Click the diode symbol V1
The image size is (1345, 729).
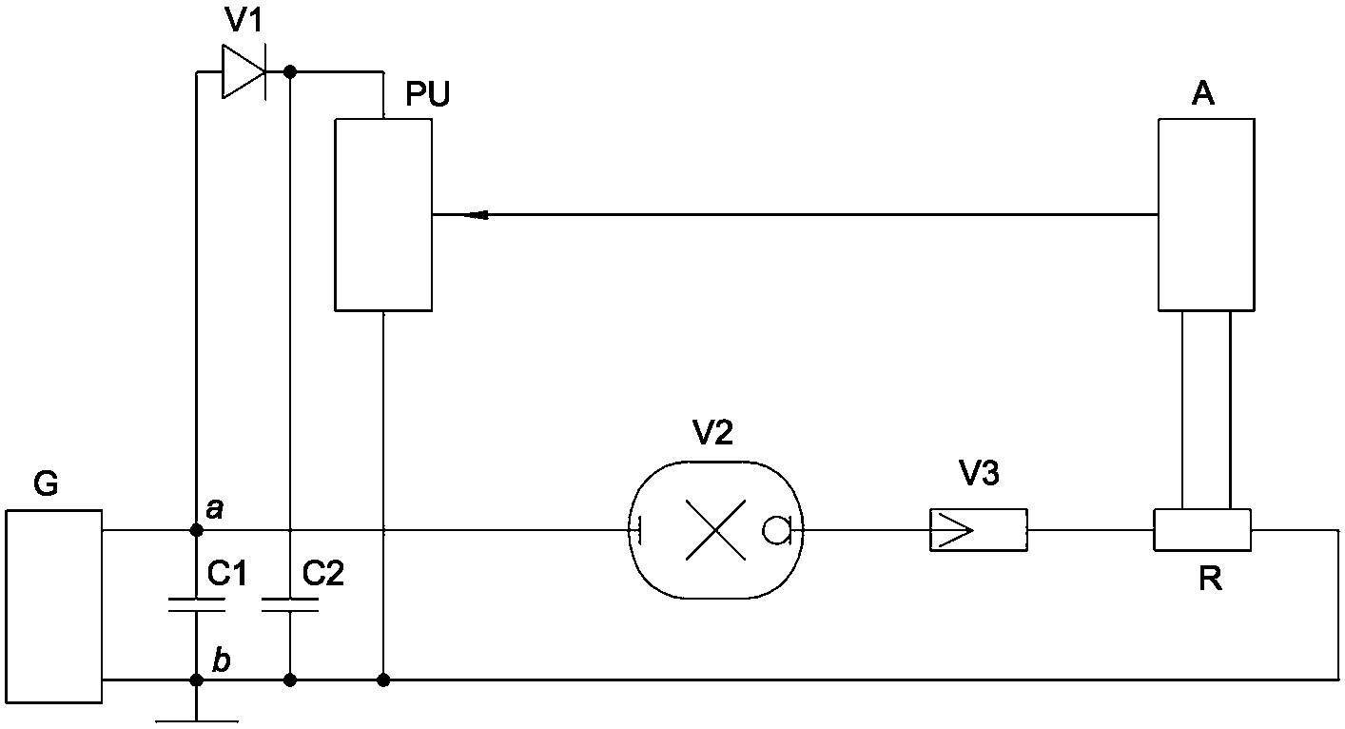point(244,71)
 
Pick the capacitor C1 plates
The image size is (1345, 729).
point(196,604)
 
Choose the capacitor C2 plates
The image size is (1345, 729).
point(290,604)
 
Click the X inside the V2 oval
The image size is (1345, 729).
point(715,530)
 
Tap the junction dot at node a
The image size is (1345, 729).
point(196,530)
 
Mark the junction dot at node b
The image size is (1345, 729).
point(196,680)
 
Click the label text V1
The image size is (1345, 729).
point(244,20)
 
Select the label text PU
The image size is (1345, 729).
point(427,93)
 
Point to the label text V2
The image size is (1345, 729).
point(712,432)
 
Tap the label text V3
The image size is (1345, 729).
point(979,473)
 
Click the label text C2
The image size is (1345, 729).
point(323,573)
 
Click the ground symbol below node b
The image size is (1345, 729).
point(196,720)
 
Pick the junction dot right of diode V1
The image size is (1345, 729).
point(290,72)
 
